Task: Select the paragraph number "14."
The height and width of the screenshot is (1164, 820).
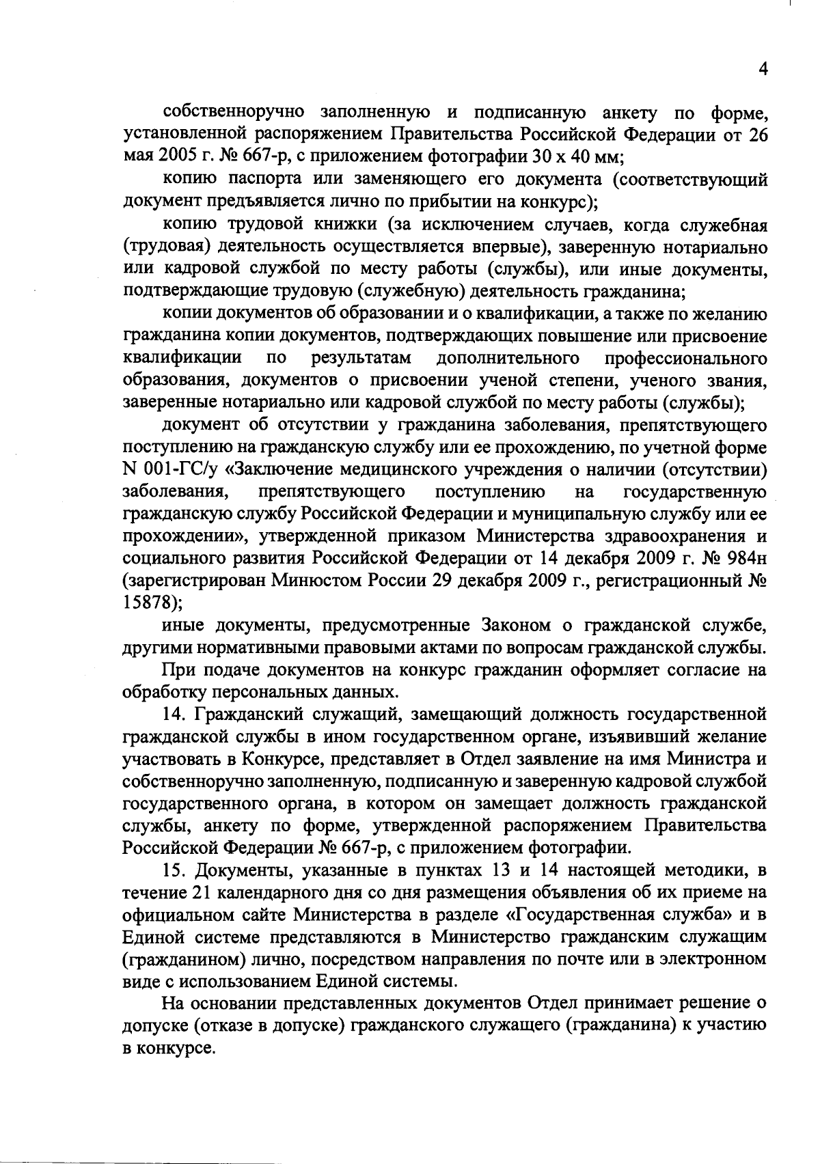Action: pos(176,715)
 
